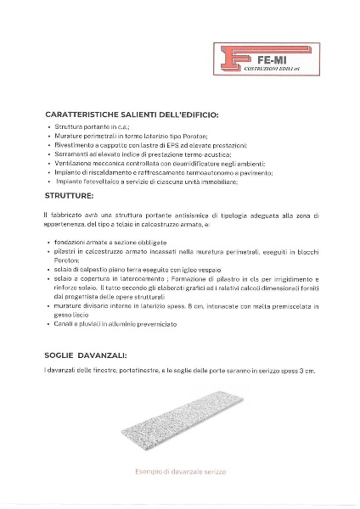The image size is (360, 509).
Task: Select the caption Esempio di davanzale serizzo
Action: [180, 472]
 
